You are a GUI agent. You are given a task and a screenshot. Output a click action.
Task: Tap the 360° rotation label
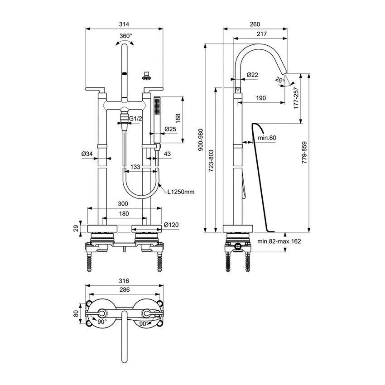125,36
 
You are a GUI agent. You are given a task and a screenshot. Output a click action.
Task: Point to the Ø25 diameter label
170,129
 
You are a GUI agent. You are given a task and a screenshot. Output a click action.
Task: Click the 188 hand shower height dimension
177,119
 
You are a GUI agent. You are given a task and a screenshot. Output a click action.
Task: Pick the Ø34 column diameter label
87,154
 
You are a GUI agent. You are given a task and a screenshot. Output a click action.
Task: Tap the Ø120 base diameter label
171,225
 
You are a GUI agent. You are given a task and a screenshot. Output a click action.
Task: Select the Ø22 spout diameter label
252,75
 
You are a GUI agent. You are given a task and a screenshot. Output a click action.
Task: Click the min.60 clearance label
267,137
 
